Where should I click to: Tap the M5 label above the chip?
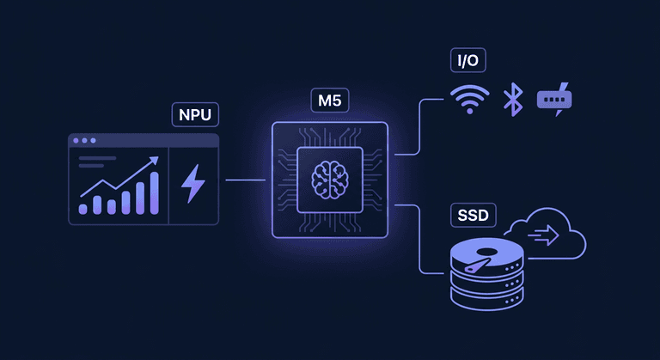tap(330, 100)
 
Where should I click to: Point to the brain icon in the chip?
tap(330, 180)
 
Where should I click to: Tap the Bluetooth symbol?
tap(513, 99)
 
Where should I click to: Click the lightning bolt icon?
tap(192, 183)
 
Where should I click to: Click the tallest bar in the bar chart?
tap(154, 192)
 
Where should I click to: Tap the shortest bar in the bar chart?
tap(83, 208)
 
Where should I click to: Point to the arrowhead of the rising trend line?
tap(154, 161)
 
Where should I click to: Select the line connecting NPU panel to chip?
tap(245, 180)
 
